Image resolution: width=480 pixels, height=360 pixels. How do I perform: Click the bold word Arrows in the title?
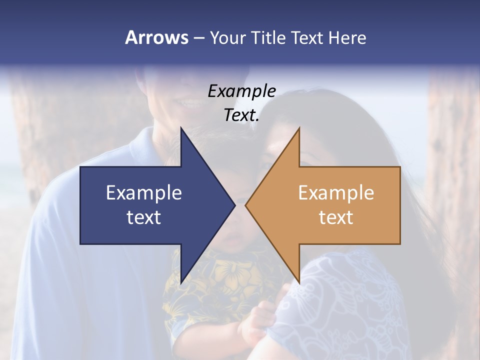point(156,37)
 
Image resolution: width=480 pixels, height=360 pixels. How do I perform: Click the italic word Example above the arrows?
point(241,91)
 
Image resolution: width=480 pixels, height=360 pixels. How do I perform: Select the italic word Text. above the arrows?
point(241,115)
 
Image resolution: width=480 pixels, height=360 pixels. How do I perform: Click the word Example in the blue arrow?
point(144,192)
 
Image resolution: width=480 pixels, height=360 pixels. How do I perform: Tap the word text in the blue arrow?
point(144,217)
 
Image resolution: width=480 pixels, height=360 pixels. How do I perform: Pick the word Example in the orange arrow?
point(336,192)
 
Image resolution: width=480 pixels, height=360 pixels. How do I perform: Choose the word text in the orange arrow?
point(336,217)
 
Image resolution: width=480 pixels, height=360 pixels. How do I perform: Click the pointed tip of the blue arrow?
point(234,205)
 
